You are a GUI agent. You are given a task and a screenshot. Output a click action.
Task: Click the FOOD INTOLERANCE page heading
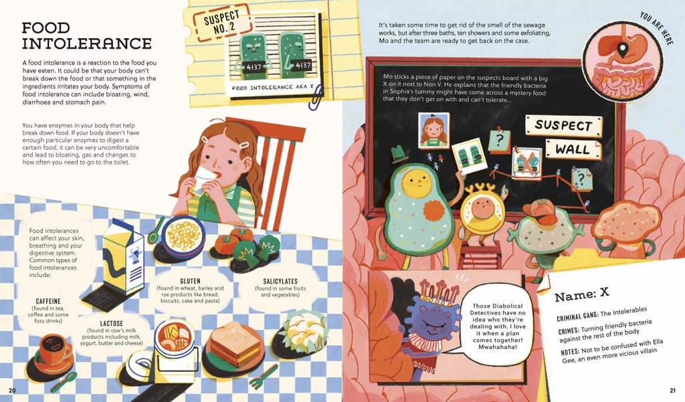[x=86, y=36]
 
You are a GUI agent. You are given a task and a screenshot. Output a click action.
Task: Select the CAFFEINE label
[x=48, y=301]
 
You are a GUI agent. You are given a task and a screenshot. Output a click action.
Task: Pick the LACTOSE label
[x=112, y=323]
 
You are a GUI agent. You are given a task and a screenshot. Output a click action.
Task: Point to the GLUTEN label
[x=190, y=281]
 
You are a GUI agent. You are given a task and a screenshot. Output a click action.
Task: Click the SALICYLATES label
[x=280, y=282]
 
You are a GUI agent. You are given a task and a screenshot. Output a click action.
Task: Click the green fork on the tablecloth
[x=264, y=377]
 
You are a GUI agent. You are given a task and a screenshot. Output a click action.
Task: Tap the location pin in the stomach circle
[x=623, y=49]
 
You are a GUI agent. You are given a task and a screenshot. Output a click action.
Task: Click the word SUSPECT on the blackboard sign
[x=563, y=126]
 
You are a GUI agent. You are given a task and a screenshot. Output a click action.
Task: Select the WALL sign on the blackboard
[x=573, y=149]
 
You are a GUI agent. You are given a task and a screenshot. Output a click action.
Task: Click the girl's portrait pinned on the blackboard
[x=433, y=130]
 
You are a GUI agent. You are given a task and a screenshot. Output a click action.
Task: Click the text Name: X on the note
[x=581, y=294]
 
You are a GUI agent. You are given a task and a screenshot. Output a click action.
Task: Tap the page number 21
[x=672, y=391]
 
